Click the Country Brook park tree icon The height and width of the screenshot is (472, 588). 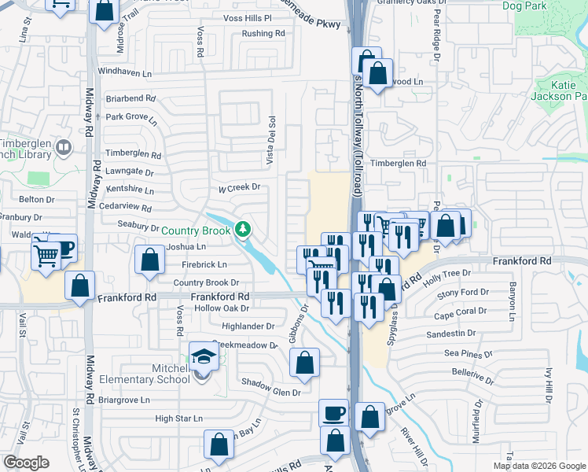(x=244, y=230)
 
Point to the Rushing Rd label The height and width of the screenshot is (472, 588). (x=263, y=34)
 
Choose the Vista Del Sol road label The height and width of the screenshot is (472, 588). (x=272, y=141)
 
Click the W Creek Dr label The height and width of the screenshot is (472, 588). (x=238, y=188)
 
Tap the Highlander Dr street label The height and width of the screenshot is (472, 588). (x=248, y=326)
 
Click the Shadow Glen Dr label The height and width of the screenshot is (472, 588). (x=271, y=393)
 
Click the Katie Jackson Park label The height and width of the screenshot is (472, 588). (x=563, y=90)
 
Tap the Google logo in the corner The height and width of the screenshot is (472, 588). (x=27, y=463)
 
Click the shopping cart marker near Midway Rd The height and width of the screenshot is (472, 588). (x=46, y=254)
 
